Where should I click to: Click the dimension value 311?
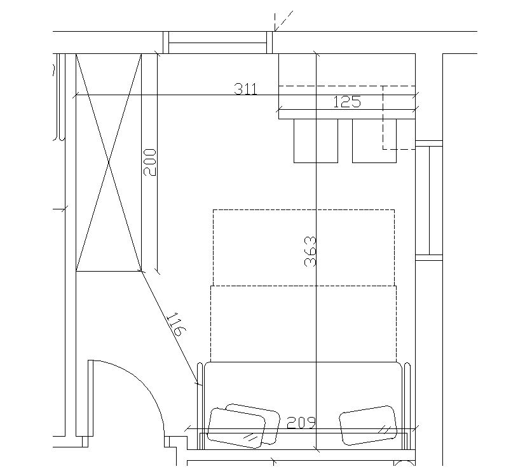[x=246, y=89]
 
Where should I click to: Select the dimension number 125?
[x=347, y=102]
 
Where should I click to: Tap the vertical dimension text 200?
[x=149, y=162]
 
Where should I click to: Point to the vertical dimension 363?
[x=310, y=251]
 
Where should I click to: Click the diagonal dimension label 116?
[x=176, y=324]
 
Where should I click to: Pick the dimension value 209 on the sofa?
[x=301, y=423]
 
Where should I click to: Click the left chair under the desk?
[x=316, y=141]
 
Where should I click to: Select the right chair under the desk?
[x=374, y=141]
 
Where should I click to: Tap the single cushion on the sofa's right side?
[x=368, y=425]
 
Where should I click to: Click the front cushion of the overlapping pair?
[x=236, y=428]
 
